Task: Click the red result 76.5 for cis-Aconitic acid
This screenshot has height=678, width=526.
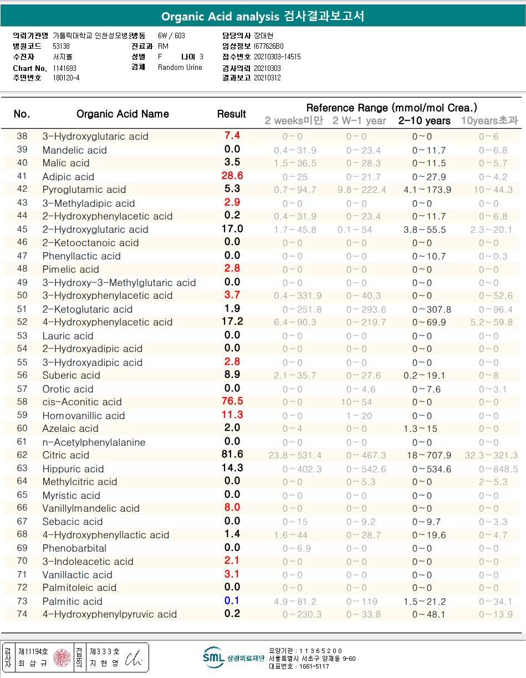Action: click(x=232, y=401)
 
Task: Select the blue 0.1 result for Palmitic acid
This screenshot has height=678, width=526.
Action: click(x=232, y=601)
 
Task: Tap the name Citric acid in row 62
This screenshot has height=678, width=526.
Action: click(x=65, y=455)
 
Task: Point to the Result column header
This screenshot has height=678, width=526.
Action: click(x=232, y=114)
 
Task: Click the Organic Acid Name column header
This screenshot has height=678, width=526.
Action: click(x=122, y=114)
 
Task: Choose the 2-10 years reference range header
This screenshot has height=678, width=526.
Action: click(x=425, y=120)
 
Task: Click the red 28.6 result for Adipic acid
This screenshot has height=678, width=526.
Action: click(x=232, y=176)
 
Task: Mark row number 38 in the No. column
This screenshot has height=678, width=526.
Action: click(x=22, y=136)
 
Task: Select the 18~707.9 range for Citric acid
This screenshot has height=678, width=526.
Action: click(x=425, y=455)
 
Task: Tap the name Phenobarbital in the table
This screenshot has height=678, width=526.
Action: click(x=74, y=548)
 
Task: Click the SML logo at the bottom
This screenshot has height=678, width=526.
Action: click(x=213, y=657)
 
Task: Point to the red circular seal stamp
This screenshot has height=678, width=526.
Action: click(x=62, y=657)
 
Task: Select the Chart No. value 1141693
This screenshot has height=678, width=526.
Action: click(x=65, y=68)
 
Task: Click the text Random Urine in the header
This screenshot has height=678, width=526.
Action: click(x=180, y=68)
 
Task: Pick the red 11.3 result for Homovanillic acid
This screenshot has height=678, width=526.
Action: click(x=232, y=415)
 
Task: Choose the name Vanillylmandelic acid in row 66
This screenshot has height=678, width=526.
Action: click(x=91, y=508)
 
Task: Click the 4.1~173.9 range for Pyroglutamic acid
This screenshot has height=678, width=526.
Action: click(x=425, y=190)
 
